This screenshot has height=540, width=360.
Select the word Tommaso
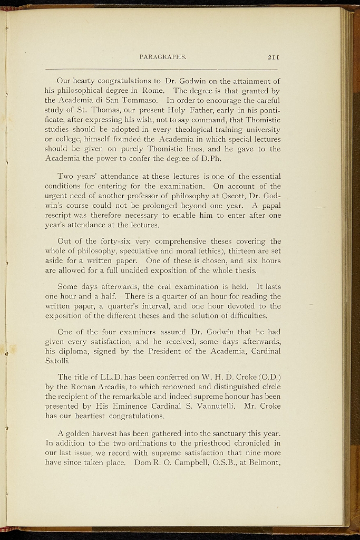click(142, 100)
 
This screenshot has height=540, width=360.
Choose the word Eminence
click(142, 407)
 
